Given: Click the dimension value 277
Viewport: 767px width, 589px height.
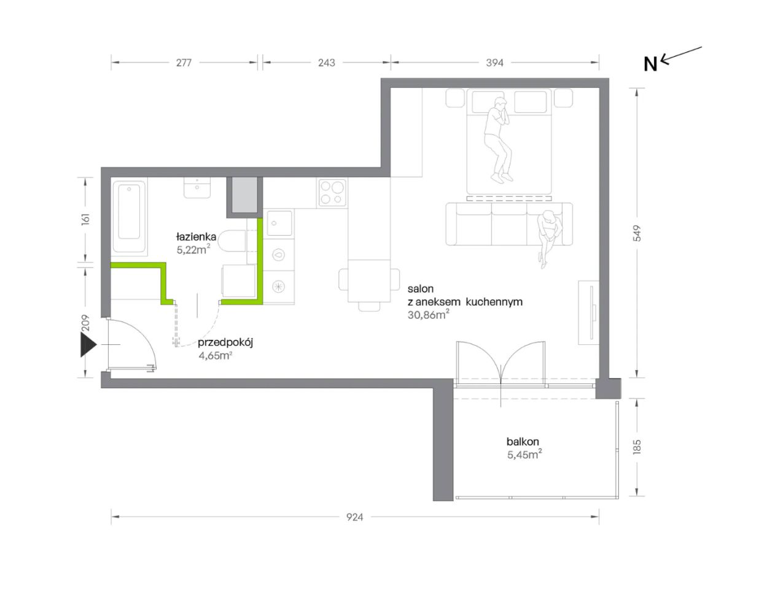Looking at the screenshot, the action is (x=184, y=63).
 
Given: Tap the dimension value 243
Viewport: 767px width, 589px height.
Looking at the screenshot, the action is (x=326, y=63).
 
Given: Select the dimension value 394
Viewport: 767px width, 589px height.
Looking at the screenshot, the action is (x=494, y=63).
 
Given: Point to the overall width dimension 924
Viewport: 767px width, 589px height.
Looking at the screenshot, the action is (x=354, y=517).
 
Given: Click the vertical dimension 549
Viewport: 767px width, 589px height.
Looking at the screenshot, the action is (x=637, y=233).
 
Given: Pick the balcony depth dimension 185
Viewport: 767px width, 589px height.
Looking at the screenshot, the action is (x=637, y=447).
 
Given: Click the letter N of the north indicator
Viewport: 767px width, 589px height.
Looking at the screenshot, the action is (x=650, y=64).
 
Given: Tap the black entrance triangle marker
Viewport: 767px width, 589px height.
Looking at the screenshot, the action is (x=88, y=345).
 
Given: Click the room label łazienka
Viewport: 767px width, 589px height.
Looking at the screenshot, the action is (x=197, y=236).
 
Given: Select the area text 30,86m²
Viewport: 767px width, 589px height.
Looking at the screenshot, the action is (x=429, y=314).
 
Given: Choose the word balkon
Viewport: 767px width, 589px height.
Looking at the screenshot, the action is (x=523, y=441).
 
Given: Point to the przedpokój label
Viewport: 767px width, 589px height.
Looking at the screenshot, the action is (x=225, y=342).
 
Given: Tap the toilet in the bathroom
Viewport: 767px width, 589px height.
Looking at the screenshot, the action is (x=232, y=241).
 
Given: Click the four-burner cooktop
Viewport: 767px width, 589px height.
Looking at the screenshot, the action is (x=332, y=193).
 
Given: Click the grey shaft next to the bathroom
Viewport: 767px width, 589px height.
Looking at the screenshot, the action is (x=244, y=194).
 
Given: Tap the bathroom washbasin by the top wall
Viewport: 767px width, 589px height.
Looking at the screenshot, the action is (x=197, y=188).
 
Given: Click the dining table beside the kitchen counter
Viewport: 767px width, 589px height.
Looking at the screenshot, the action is (x=369, y=281).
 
